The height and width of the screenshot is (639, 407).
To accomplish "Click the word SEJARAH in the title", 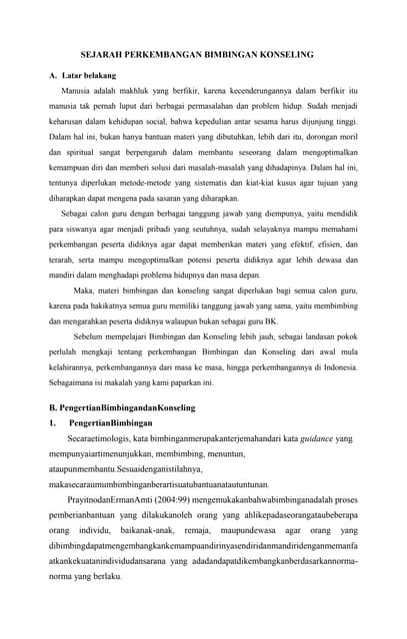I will [x=105, y=56].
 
